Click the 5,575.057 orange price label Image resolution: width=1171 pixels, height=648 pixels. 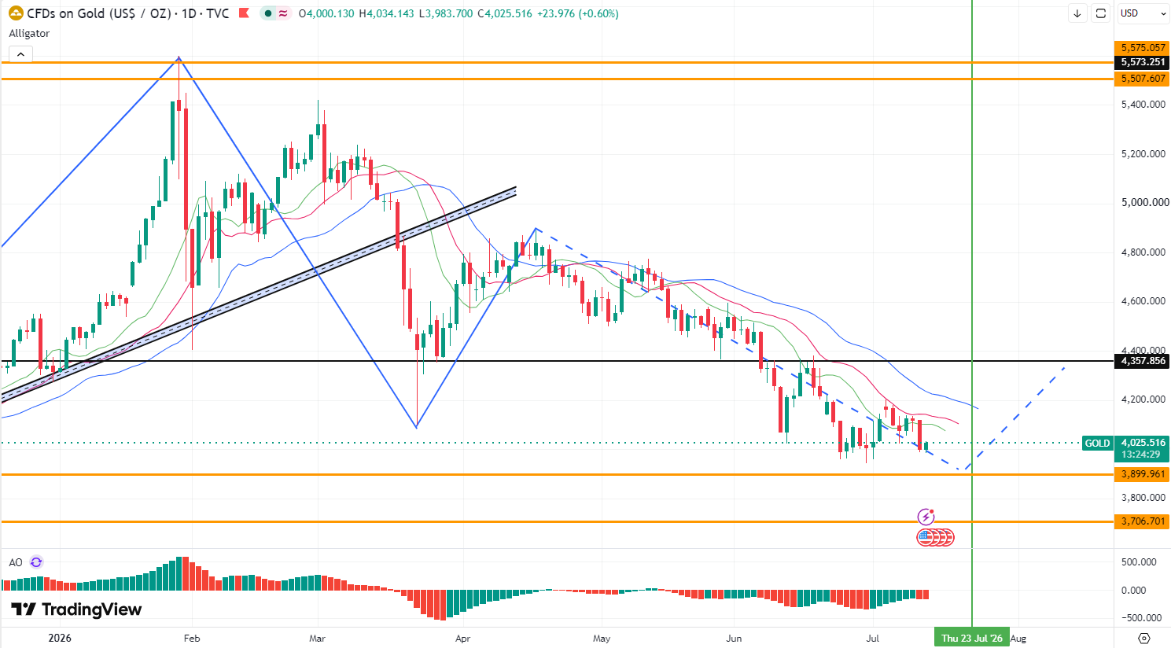point(1142,47)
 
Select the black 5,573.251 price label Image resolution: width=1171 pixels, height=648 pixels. point(1142,62)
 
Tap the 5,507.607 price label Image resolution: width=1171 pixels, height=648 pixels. point(1142,79)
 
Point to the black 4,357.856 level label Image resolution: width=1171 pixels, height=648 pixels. point(1142,361)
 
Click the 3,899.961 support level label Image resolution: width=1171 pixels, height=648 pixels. point(1142,474)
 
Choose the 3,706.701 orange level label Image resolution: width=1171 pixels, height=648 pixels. point(1142,521)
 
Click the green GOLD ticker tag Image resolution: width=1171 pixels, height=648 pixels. point(1097,444)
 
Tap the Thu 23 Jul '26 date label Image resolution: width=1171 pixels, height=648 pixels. point(972,638)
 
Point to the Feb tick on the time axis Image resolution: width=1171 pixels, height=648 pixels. point(192,638)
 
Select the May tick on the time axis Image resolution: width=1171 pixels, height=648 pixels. point(602,638)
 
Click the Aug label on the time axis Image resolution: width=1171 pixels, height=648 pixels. point(1018,638)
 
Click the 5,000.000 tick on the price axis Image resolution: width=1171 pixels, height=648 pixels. point(1143,202)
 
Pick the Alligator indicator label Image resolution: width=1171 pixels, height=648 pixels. point(29,34)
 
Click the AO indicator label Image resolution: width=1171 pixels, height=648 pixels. point(16,562)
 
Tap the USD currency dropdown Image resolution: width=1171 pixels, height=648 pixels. point(1142,13)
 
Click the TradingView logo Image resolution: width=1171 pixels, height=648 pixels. point(76,609)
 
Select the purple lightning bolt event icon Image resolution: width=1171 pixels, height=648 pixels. point(926,517)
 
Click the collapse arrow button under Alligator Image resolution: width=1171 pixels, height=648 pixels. point(20,54)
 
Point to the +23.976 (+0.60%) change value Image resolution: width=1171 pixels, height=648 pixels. point(576,13)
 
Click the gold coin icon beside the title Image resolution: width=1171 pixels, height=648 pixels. point(16,13)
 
